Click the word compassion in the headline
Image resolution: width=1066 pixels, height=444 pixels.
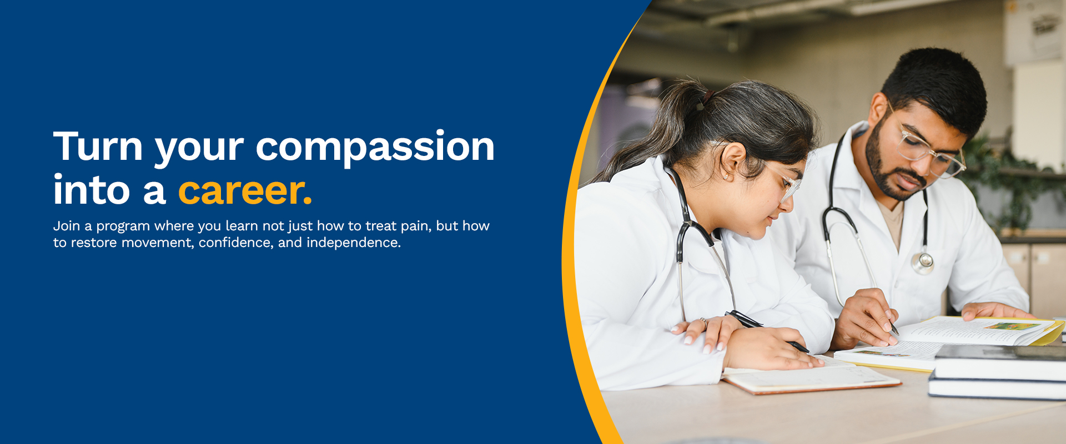coord(375,148)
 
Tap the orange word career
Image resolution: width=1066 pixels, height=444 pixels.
coord(245,190)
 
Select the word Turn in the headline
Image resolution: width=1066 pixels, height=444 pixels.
coord(98,145)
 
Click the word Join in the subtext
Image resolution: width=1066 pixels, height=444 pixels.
coord(67,226)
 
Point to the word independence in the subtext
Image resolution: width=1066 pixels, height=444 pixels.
coord(354,243)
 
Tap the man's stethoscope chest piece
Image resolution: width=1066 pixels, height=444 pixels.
coord(922,263)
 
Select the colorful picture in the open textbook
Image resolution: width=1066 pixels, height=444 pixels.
coord(1012,326)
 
